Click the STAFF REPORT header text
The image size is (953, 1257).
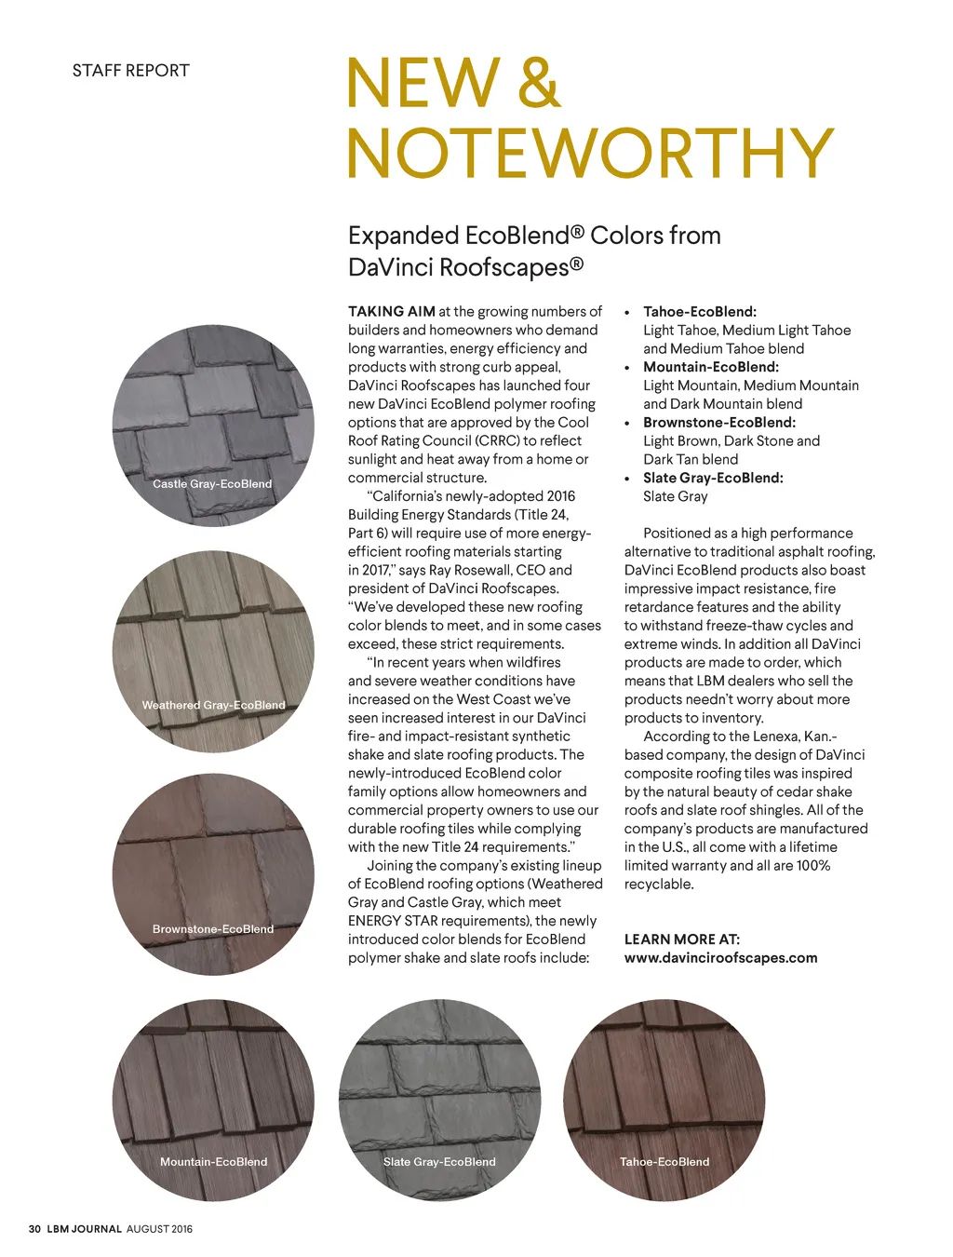[x=130, y=71]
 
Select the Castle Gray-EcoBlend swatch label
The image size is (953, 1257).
[x=212, y=484]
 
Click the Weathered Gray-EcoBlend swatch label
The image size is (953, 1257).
[x=213, y=706]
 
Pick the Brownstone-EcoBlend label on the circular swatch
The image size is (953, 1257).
[x=213, y=929]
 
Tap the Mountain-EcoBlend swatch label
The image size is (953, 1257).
[x=213, y=1162]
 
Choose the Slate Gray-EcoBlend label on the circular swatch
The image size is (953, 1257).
[x=439, y=1162]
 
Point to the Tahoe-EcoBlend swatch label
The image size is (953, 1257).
[x=664, y=1162]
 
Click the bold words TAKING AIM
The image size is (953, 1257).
[x=391, y=312]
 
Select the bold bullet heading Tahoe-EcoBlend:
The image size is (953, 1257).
[x=700, y=312]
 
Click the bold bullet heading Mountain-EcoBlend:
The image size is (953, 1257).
[x=711, y=367]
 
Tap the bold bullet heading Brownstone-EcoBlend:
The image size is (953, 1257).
[x=719, y=423]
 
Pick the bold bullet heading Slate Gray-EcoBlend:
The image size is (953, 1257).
[x=713, y=478]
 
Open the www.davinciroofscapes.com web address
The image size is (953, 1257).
[x=720, y=958]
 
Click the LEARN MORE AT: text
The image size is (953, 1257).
[x=682, y=939]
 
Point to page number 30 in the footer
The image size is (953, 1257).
[x=34, y=1229]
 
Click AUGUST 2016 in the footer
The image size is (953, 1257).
[x=159, y=1229]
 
